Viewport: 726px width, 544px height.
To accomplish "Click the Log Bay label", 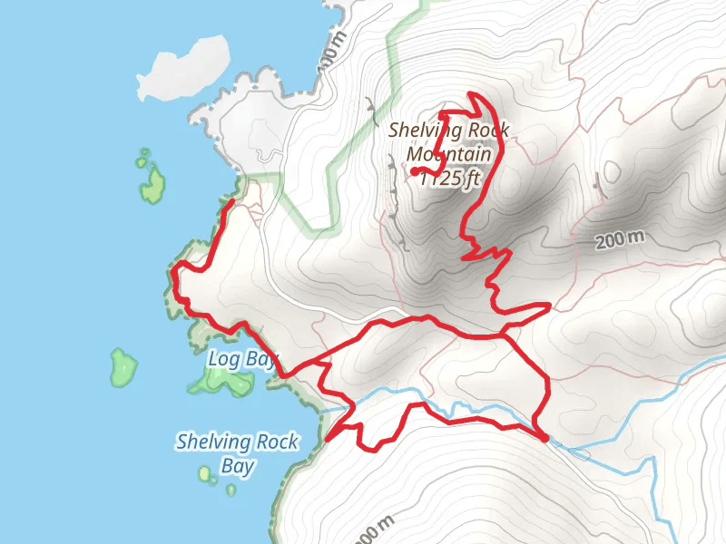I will pos(241,358).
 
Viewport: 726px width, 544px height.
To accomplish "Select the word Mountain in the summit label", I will pos(450,155).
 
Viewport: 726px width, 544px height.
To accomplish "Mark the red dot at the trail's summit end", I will pos(414,170).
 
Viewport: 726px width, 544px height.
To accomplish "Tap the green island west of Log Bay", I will pos(123,366).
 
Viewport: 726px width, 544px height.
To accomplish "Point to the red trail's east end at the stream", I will pos(544,438).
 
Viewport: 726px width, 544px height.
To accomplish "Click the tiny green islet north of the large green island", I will pos(142,154).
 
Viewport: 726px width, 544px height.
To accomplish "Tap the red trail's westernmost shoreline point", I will pos(173,269).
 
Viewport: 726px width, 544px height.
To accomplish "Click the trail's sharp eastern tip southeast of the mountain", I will pos(550,306).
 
